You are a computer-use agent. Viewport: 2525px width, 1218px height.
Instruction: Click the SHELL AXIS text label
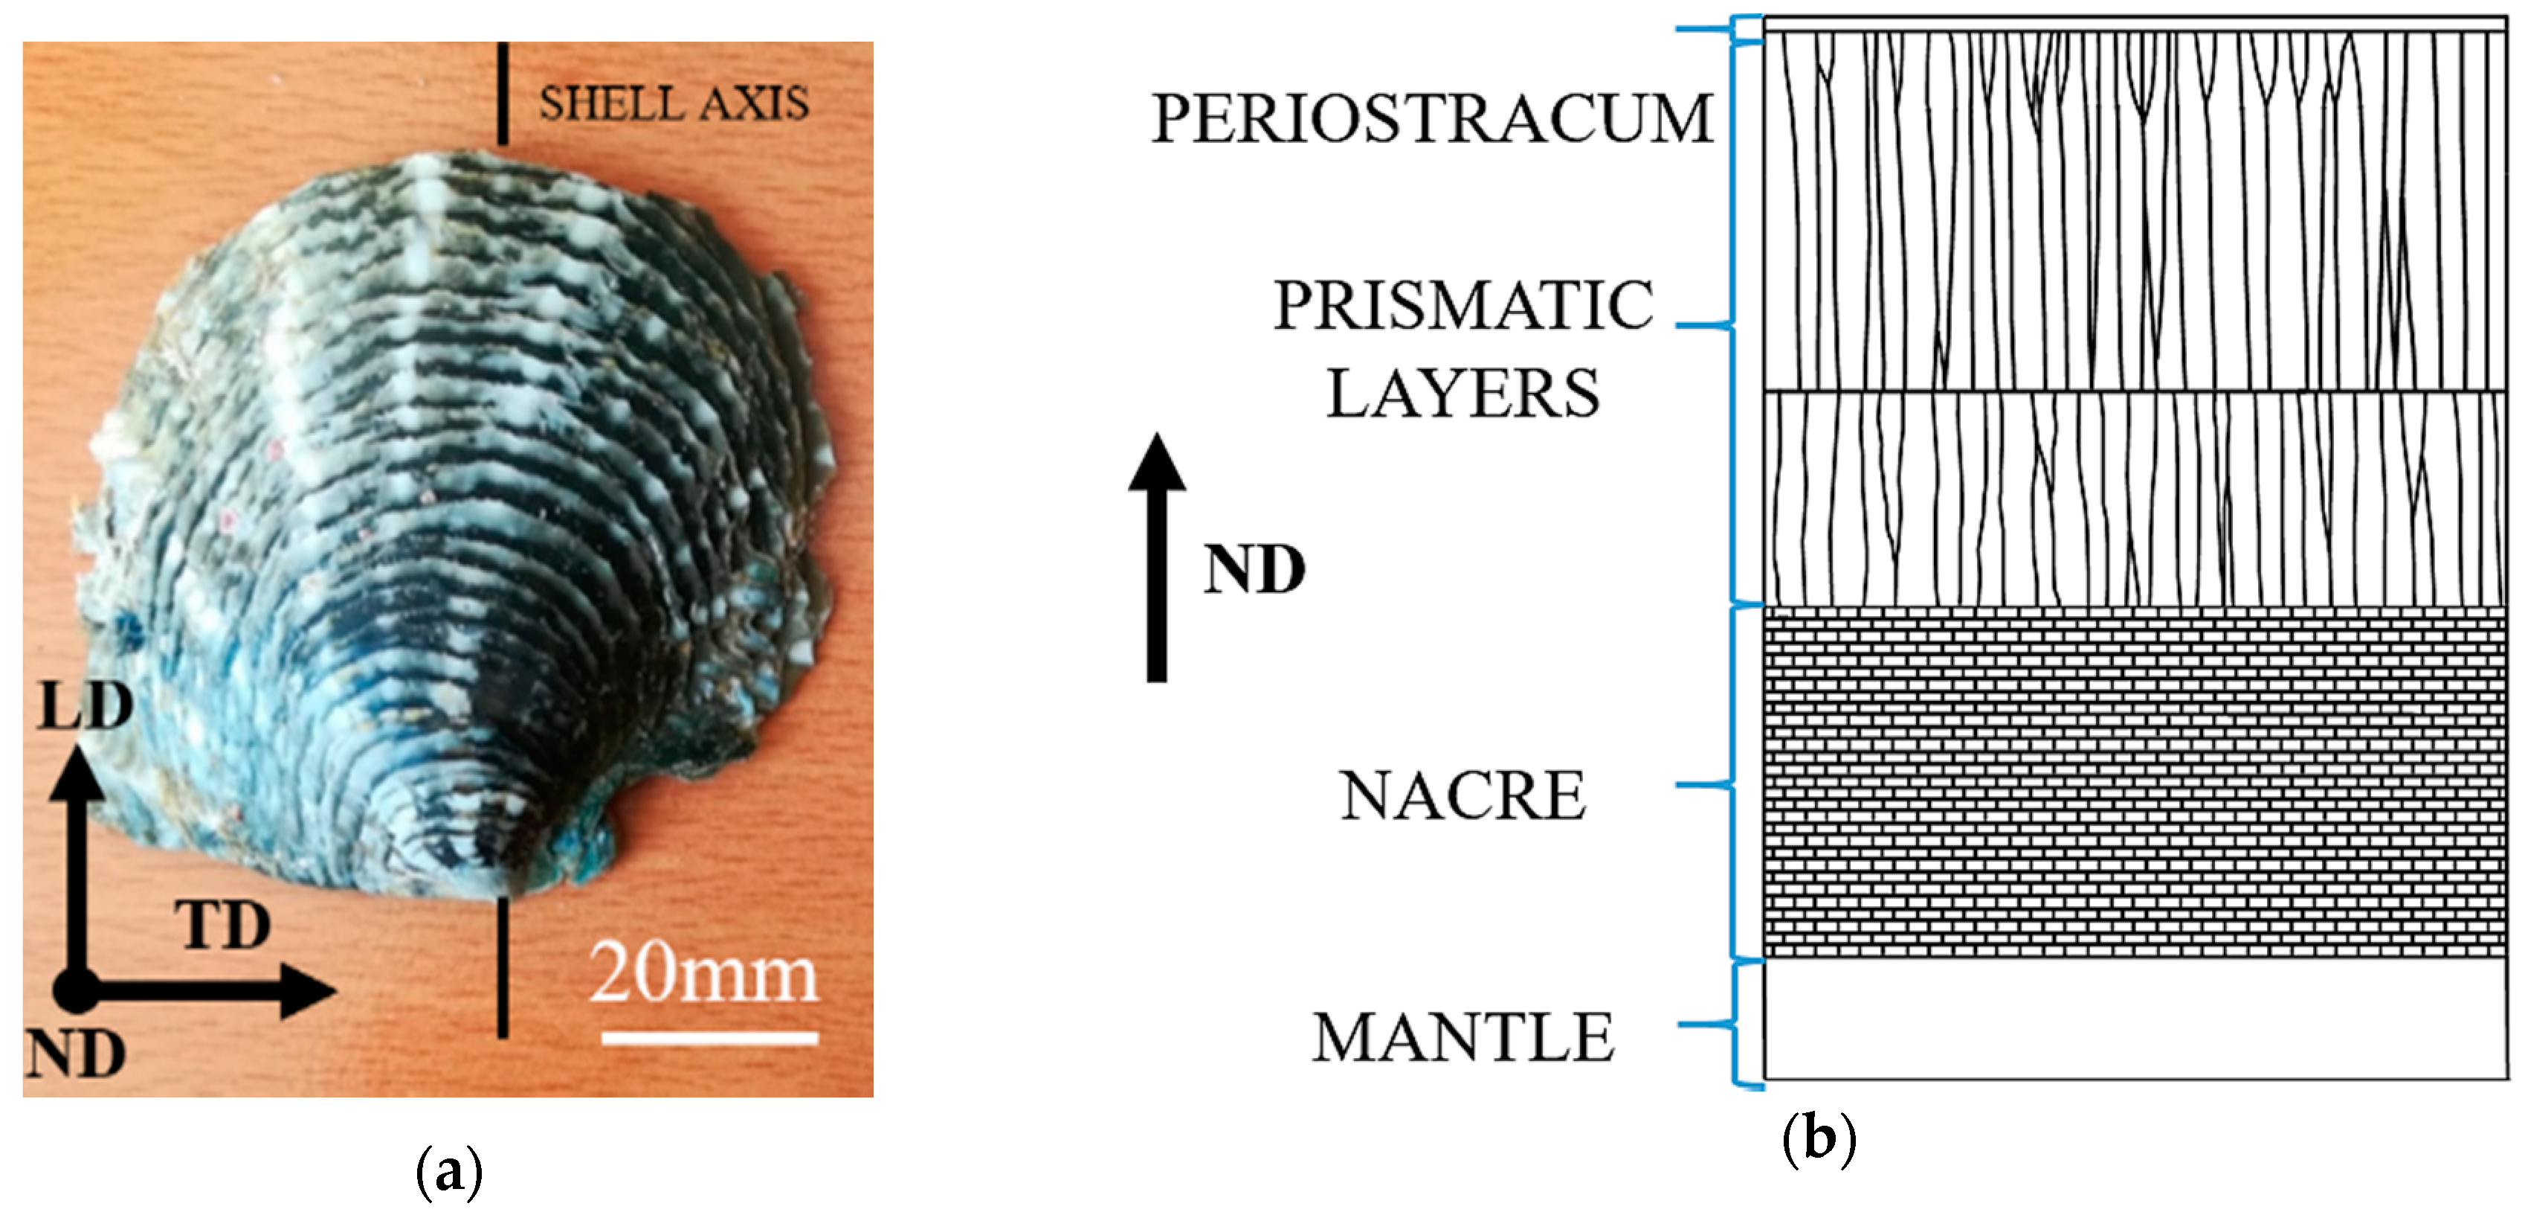[x=674, y=103]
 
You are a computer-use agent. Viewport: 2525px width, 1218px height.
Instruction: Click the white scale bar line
[x=709, y=1037]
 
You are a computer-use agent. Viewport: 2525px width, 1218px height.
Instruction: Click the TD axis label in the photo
[x=224, y=925]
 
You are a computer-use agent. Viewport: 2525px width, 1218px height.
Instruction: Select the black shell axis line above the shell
[x=503, y=93]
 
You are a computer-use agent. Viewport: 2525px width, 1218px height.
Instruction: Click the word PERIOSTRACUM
[x=1431, y=118]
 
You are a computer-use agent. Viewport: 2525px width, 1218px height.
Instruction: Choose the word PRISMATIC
[x=1463, y=305]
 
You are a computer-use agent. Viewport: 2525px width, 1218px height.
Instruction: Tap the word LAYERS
[x=1463, y=394]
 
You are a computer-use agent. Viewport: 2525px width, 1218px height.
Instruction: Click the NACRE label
[x=1463, y=795]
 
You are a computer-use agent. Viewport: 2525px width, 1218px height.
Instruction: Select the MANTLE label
[x=1463, y=1037]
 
